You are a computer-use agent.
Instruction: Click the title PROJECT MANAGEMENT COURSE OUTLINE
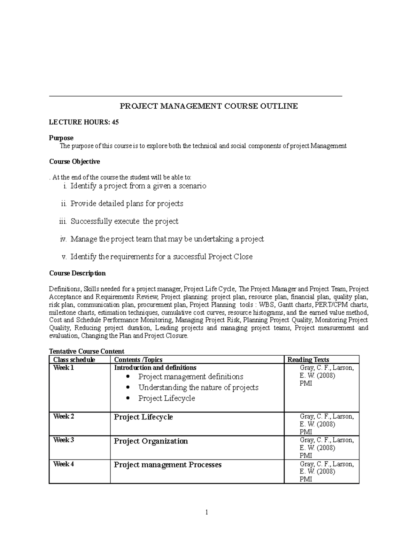(209, 106)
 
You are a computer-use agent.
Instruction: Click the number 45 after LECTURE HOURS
(115, 122)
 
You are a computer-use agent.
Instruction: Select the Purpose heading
(61, 138)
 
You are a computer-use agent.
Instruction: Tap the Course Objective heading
(75, 162)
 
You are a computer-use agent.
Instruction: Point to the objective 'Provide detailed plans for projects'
(127, 203)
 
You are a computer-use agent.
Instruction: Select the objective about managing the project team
(167, 239)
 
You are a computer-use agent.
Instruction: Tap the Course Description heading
(77, 273)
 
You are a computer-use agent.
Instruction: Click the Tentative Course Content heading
(87, 351)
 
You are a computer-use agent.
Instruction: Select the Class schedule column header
(74, 360)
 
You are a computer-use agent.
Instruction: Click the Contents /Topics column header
(138, 360)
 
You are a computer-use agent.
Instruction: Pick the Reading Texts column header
(308, 360)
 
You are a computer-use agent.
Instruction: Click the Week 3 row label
(63, 440)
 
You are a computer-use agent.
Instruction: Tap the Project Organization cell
(151, 441)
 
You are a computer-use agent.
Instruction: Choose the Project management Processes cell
(168, 465)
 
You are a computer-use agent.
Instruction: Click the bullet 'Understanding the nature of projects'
(198, 387)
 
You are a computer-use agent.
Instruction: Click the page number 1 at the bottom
(207, 512)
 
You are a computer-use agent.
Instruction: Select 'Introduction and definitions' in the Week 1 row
(155, 368)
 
